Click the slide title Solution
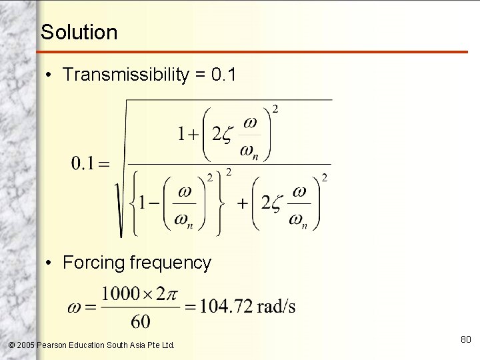pos(79,32)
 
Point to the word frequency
pos(171,263)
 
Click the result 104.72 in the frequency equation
pos(224,307)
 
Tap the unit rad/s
pos(274,307)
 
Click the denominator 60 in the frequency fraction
pos(141,322)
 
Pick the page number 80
pos(465,340)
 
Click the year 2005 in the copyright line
pos(25,345)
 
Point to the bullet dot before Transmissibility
pos(50,75)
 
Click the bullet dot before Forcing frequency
pos(50,263)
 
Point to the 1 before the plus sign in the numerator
pos(181,135)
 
